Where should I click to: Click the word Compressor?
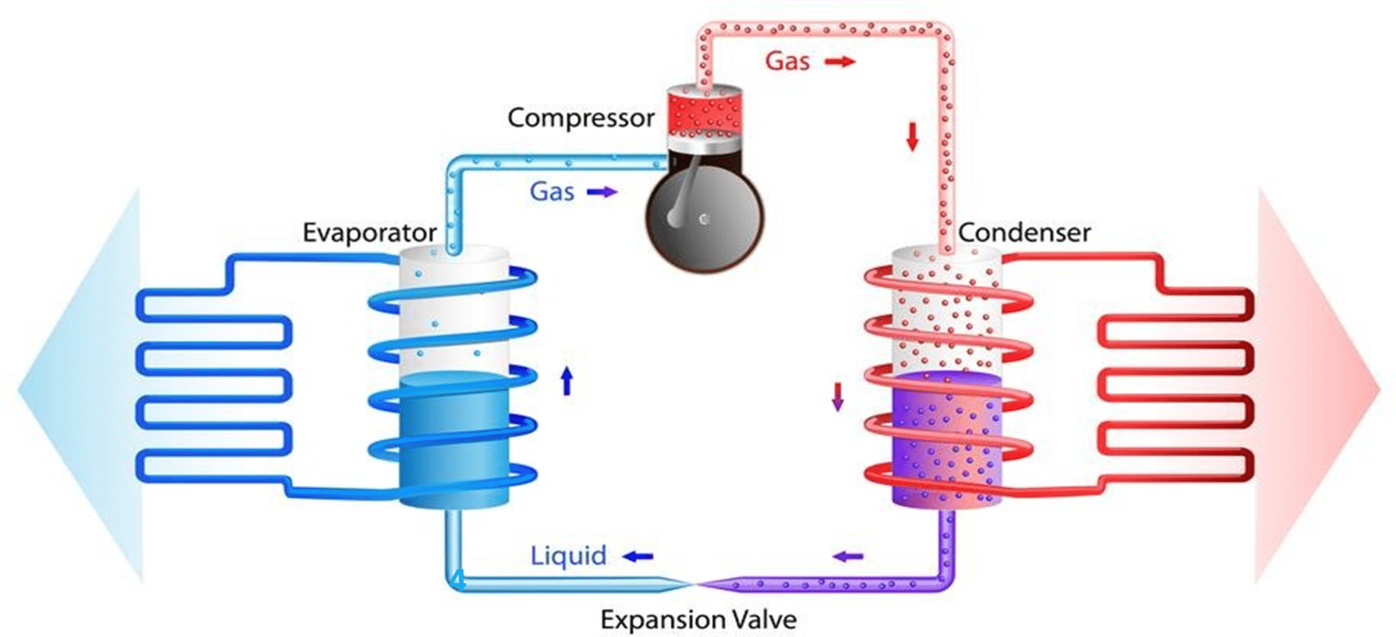coord(581,119)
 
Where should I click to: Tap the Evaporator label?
coord(369,233)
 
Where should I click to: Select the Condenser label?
coord(1024,233)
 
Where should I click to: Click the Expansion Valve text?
coord(698,620)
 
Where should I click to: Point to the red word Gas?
coord(787,61)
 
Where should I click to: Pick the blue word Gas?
coord(552,192)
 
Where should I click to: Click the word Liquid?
coord(568,556)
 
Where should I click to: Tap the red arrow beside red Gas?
coord(840,62)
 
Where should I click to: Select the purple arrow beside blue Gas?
coord(602,192)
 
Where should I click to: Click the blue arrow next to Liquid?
coord(638,557)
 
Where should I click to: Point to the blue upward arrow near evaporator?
coord(566,381)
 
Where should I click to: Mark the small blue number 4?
coord(459,580)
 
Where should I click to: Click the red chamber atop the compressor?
coord(704,113)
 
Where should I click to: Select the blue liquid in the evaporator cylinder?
coord(454,440)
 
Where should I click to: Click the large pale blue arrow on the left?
coord(82,385)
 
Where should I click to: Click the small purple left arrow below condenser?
coord(848,557)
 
